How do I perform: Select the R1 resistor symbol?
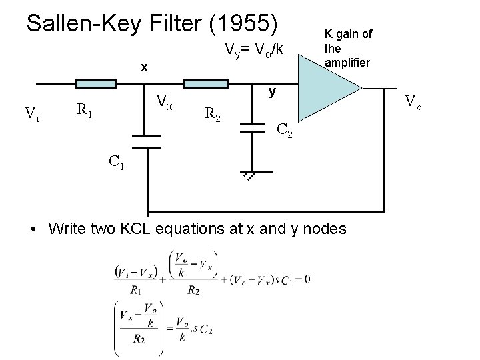click(97, 84)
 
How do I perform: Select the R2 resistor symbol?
click(207, 84)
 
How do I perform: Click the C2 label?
click(284, 134)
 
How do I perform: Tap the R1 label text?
click(84, 110)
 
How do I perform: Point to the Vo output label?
click(415, 102)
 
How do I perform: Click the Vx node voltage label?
click(164, 103)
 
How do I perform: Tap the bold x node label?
click(144, 67)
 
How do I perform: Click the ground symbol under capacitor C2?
click(251, 175)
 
